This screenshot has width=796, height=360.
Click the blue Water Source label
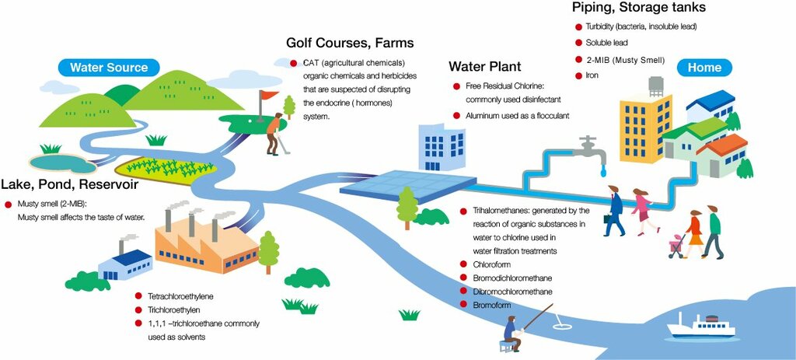point(109,68)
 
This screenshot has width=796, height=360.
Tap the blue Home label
point(704,68)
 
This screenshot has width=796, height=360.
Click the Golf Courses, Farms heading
point(350,42)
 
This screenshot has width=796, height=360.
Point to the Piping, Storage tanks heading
point(638,8)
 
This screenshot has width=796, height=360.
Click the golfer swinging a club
point(273,133)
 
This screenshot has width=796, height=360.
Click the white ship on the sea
point(700,326)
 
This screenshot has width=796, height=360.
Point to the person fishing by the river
point(512,332)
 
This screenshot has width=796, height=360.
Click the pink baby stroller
point(676,243)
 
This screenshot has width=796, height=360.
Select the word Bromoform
point(492,305)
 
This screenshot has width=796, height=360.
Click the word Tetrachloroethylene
point(180,296)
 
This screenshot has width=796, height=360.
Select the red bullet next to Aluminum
point(457,116)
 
